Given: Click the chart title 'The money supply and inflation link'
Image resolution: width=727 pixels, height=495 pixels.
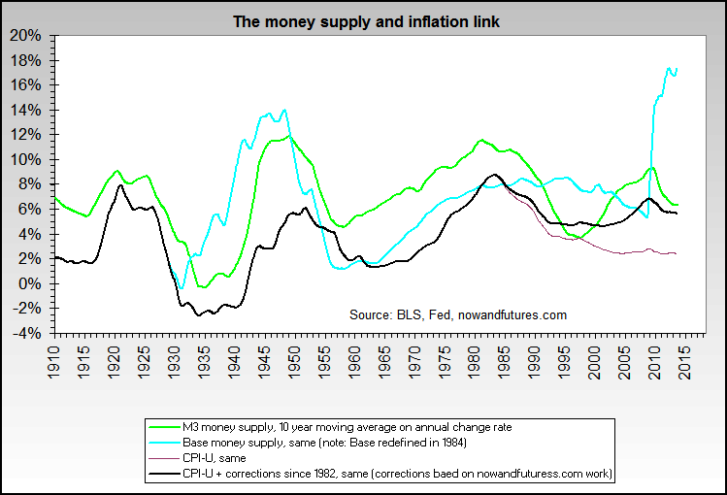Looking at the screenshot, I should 367,20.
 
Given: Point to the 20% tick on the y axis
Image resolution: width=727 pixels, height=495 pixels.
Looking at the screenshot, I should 27,36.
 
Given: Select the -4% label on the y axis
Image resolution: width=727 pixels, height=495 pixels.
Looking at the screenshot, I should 27,333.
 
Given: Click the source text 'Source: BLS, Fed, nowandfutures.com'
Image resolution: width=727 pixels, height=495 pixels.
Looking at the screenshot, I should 458,314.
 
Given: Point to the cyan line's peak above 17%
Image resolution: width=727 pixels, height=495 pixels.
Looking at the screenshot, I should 669,68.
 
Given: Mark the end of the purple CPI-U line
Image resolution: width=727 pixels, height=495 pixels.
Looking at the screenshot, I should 676,253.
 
